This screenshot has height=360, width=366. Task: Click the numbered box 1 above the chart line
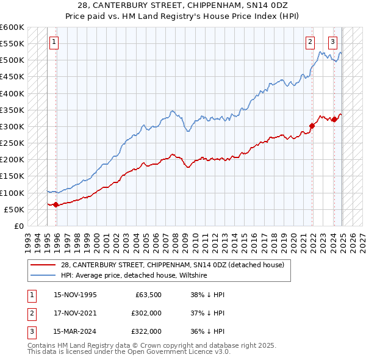pyautogui.click(x=54, y=42)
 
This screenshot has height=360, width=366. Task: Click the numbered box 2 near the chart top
pyautogui.click(x=310, y=42)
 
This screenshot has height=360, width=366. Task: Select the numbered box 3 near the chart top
pyautogui.click(x=332, y=42)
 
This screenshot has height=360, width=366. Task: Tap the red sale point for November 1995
pyautogui.click(x=56, y=204)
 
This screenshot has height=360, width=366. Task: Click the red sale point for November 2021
pyautogui.click(x=312, y=126)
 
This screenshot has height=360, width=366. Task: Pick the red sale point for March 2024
pyautogui.click(x=334, y=119)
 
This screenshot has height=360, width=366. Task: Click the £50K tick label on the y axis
pyautogui.click(x=14, y=209)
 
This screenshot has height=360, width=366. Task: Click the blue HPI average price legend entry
pyautogui.click(x=134, y=276)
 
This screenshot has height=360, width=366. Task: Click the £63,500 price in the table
pyautogui.click(x=146, y=295)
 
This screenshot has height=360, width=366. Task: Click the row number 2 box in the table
pyautogui.click(x=30, y=313)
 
